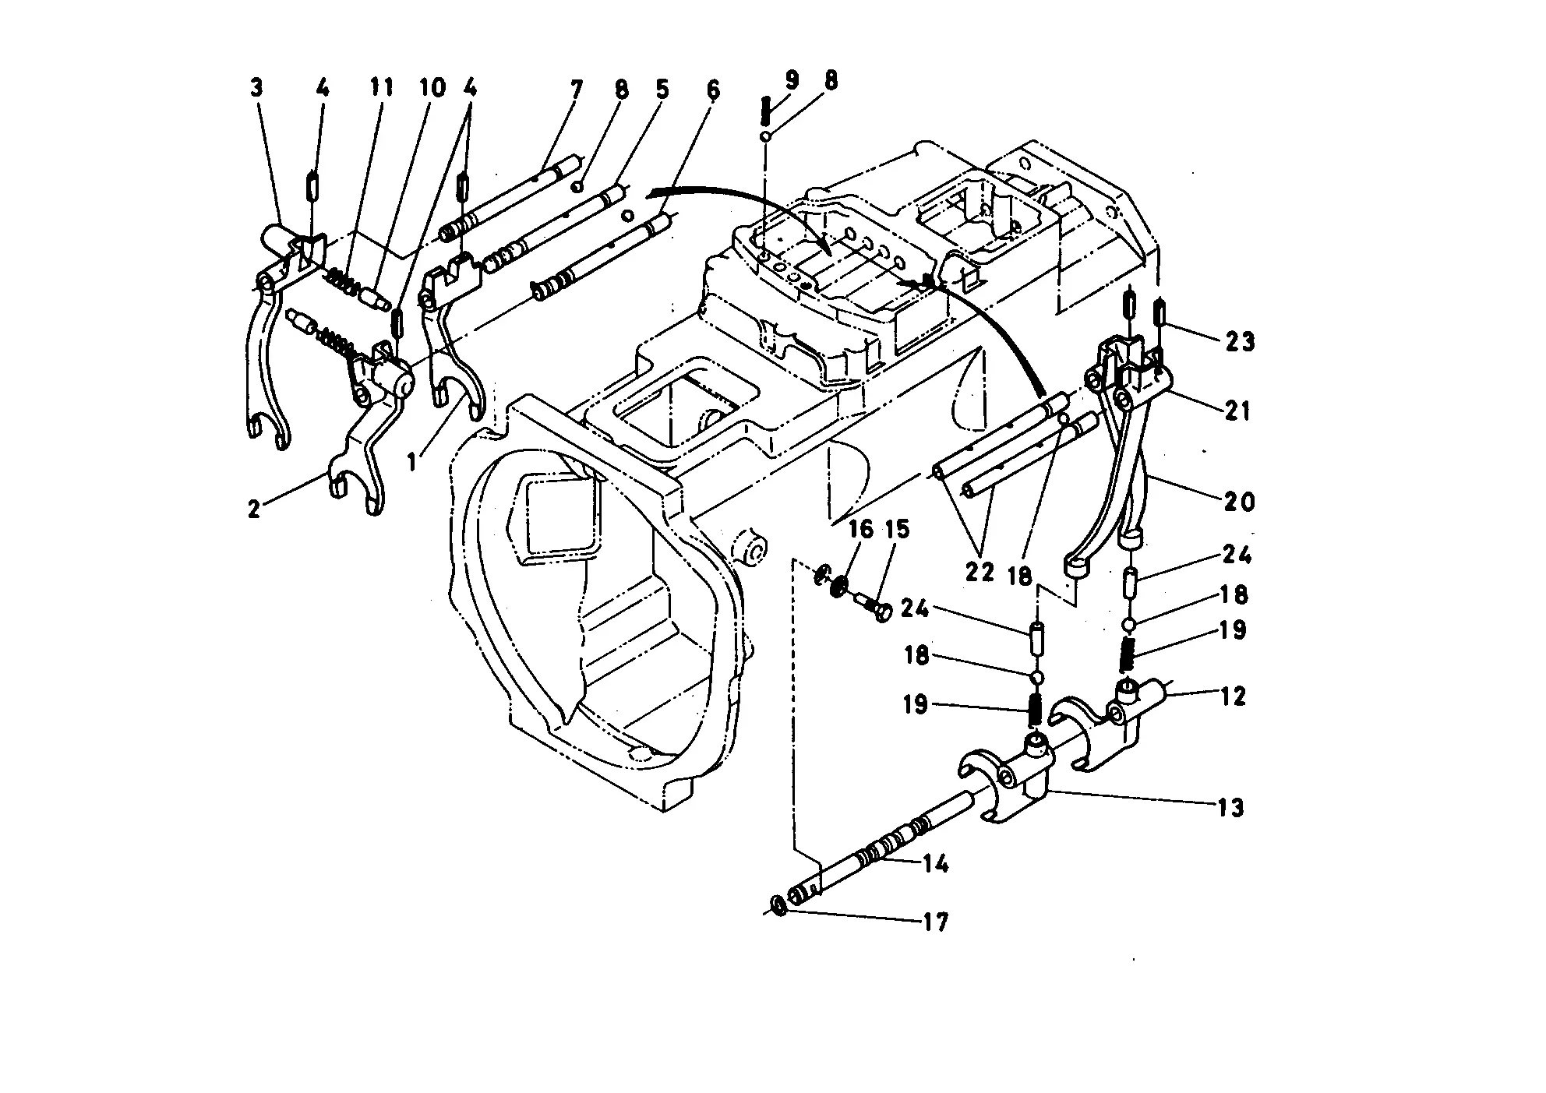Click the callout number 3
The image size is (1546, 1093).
(x=256, y=88)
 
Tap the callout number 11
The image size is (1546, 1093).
(x=381, y=86)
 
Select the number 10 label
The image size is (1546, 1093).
(x=431, y=86)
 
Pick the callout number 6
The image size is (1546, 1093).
(x=713, y=90)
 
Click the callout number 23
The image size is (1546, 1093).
(x=1239, y=340)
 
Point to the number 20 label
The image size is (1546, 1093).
(x=1239, y=501)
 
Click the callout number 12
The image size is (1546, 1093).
(x=1233, y=696)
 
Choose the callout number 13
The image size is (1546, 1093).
(x=1230, y=808)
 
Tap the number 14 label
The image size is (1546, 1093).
(x=935, y=863)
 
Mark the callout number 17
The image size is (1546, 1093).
(x=935, y=922)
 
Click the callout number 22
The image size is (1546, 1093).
(x=979, y=572)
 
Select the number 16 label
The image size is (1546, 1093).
(x=860, y=529)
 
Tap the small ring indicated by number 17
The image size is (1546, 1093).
(x=778, y=905)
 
